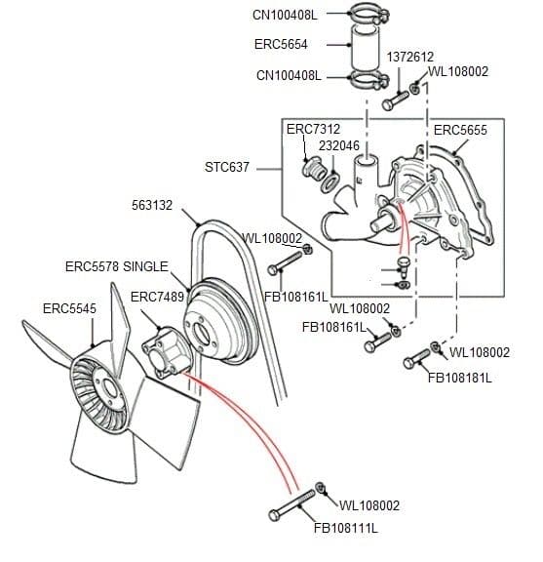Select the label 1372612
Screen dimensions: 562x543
click(x=410, y=57)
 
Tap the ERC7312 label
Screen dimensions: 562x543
click(x=313, y=129)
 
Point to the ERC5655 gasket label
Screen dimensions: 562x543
click(x=460, y=129)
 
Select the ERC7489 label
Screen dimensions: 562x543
click(x=157, y=297)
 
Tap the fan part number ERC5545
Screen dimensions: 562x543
click(x=69, y=308)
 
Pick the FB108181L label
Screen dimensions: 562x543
click(x=460, y=378)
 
